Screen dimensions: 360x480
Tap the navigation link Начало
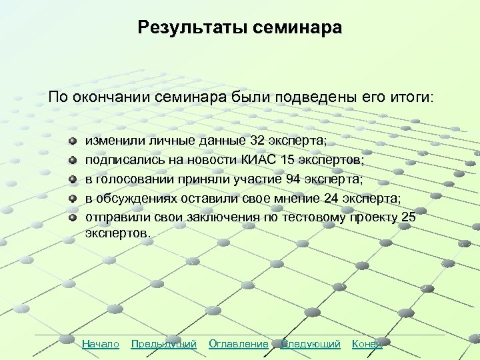click(x=101, y=344)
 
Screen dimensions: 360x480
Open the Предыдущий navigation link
click(x=164, y=344)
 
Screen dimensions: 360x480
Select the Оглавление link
click(x=239, y=344)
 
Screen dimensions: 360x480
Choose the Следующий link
click(x=311, y=344)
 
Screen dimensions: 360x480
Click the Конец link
click(x=367, y=344)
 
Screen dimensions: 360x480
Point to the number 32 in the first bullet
click(x=257, y=141)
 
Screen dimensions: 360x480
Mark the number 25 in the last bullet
click(x=409, y=217)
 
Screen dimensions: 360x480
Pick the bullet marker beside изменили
click(x=73, y=141)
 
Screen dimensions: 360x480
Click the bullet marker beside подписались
click(x=73, y=161)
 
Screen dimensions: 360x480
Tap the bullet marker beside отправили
click(x=73, y=217)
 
